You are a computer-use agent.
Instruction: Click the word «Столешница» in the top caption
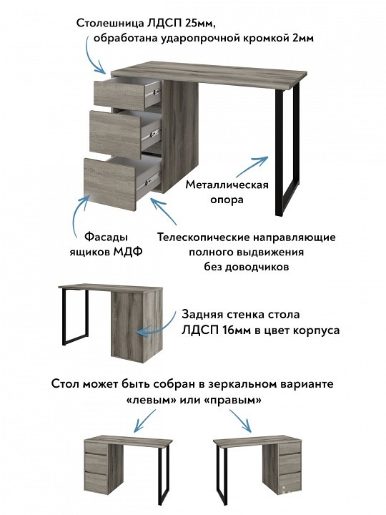tap(111, 23)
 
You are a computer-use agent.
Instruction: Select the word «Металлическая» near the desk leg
tap(227, 185)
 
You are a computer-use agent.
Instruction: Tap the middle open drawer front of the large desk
tap(113, 129)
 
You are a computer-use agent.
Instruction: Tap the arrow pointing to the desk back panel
tap(157, 325)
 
